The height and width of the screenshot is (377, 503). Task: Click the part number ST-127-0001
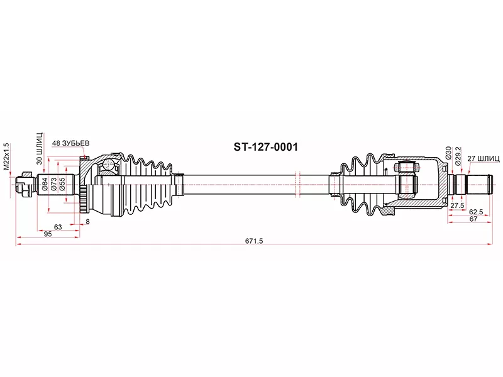coord(265,147)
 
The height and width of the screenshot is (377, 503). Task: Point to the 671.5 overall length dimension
coord(254,241)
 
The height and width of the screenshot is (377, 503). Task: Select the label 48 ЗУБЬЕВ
coord(70,143)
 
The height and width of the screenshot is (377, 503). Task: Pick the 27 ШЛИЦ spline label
coord(484,158)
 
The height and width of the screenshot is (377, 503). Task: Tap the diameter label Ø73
coord(54,184)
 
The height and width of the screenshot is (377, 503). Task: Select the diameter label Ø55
coord(62,184)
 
